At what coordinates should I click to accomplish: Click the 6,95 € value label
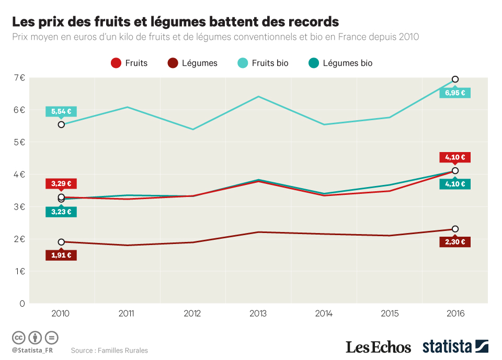pyautogui.click(x=455, y=93)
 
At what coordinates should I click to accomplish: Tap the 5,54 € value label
pyautogui.click(x=61, y=111)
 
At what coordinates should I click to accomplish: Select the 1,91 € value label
pyautogui.click(x=61, y=256)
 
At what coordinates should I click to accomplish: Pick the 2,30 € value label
pyautogui.click(x=455, y=242)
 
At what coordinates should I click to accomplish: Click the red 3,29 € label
pyautogui.click(x=61, y=183)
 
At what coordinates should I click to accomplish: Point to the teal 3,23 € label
pyautogui.click(x=61, y=212)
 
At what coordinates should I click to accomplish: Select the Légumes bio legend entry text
pyautogui.click(x=347, y=63)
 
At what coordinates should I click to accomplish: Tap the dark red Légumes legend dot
pyautogui.click(x=173, y=63)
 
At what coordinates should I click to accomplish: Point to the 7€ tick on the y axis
pyautogui.click(x=19, y=78)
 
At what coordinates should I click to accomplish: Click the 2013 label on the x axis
pyautogui.click(x=258, y=313)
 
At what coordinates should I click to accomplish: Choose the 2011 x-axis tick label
pyautogui.click(x=127, y=313)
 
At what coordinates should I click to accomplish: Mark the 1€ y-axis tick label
pyautogui.click(x=19, y=271)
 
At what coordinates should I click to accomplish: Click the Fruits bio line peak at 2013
pyautogui.click(x=258, y=97)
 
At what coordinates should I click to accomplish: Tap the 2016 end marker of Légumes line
pyautogui.click(x=455, y=229)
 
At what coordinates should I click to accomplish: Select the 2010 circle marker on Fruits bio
pyautogui.click(x=61, y=124)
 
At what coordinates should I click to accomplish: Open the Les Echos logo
pyautogui.click(x=379, y=347)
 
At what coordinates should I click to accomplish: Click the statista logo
pyautogui.click(x=455, y=346)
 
